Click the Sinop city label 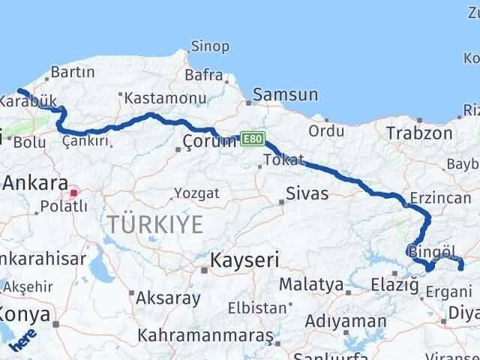coord(210,46)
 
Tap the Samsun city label coord(285,95)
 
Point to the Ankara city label coord(36,182)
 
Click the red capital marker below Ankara coord(73,193)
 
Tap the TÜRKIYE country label coord(155,223)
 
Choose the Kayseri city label coord(244,261)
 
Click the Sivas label coord(307,193)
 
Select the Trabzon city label coord(419,133)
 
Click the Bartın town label coord(72,73)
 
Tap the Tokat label coord(283,160)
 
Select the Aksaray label coord(168,297)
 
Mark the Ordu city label coord(325,131)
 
